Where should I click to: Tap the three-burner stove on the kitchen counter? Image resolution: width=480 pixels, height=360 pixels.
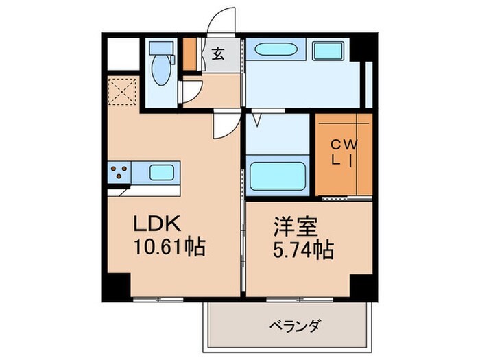click(119, 172)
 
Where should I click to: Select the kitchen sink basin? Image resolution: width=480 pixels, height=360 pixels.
click(162, 172)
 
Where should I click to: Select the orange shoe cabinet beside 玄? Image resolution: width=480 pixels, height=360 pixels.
click(190, 54)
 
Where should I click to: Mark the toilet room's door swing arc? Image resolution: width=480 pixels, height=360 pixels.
click(192, 90)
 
